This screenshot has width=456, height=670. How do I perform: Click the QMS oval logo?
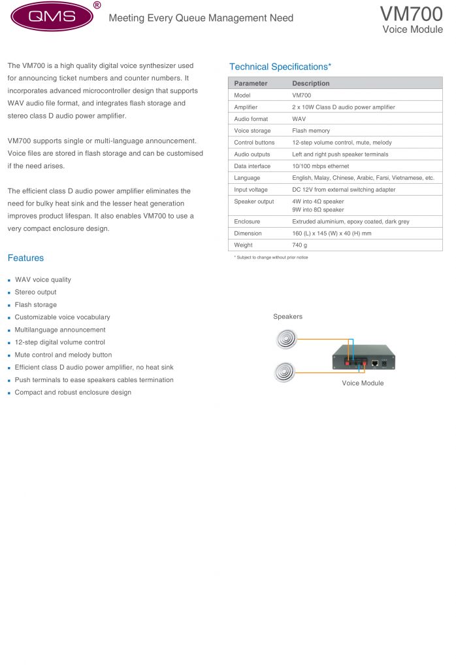click(x=52, y=17)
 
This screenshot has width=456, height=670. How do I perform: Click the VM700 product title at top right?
click(x=411, y=13)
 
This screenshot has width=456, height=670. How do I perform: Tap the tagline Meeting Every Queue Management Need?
click(x=201, y=18)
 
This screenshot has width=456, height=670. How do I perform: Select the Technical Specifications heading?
click(x=280, y=67)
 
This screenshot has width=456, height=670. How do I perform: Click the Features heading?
click(x=25, y=258)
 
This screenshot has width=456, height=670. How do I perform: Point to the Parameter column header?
click(x=251, y=83)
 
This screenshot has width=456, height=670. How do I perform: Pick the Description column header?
click(x=311, y=83)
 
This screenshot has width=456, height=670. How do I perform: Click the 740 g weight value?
click(x=300, y=245)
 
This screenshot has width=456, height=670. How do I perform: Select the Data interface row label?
click(x=252, y=166)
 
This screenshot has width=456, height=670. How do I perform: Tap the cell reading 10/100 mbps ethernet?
click(x=325, y=166)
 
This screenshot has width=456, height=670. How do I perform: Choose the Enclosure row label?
click(x=247, y=222)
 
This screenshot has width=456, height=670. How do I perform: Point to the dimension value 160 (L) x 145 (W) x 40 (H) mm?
click(x=340, y=234)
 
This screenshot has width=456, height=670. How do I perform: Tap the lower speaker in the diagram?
click(x=285, y=372)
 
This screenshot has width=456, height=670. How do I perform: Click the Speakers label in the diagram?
click(x=287, y=317)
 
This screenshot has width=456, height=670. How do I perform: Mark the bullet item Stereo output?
click(x=36, y=292)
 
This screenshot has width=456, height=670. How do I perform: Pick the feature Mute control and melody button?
click(x=63, y=355)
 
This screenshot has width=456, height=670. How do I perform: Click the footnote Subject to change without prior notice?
click(x=272, y=258)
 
